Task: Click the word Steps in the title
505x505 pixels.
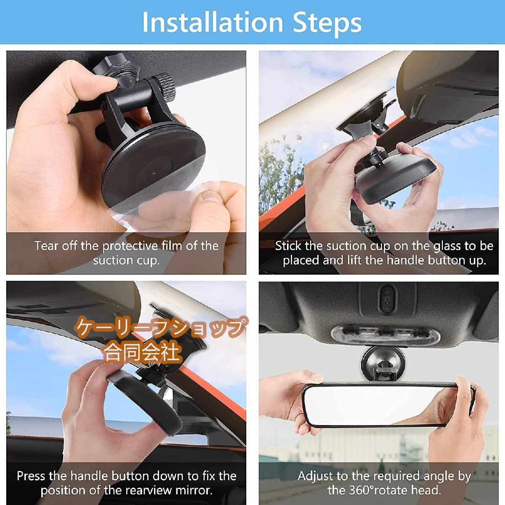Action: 327,24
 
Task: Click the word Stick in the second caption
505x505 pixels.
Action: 288,246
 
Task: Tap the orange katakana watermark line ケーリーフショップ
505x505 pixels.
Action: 160,327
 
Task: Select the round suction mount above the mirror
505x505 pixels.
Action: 383,362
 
